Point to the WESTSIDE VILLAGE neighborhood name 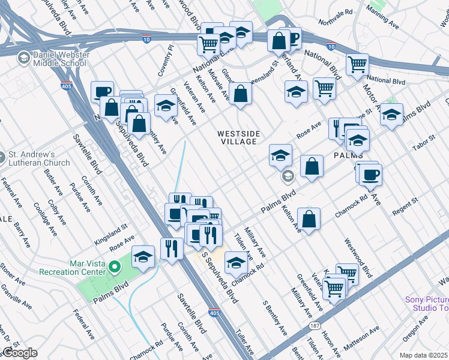pyautogui.click(x=237, y=137)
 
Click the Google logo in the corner pyautogui.click(x=19, y=353)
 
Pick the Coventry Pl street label pyautogui.click(x=166, y=60)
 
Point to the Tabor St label pyautogui.click(x=424, y=145)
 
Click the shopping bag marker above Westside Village pyautogui.click(x=240, y=94)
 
